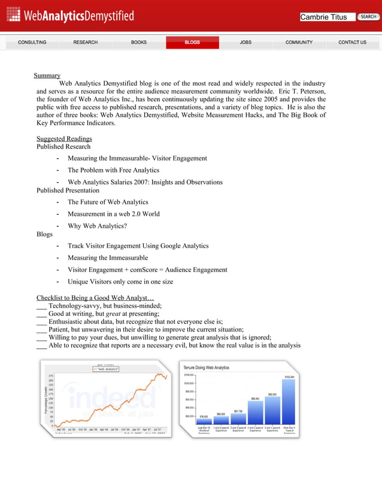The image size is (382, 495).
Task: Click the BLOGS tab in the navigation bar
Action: coord(192,43)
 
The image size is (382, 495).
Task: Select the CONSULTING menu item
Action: coord(32,43)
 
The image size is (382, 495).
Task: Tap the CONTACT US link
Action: coord(352,43)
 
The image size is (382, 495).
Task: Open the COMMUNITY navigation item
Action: coord(299,43)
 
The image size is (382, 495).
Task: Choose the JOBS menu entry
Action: coord(245,43)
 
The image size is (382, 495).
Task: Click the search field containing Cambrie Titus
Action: coord(327,17)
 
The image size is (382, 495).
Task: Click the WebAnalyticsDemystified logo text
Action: coord(78,16)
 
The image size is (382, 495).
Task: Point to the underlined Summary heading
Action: coord(47,76)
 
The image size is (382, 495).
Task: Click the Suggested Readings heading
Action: coord(64,139)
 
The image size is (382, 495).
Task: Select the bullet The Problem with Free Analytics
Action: coord(113,170)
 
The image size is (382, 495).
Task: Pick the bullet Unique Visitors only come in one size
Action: coord(120,281)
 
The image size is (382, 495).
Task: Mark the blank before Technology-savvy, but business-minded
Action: coord(41,305)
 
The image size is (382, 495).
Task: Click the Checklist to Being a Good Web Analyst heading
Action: coord(95,297)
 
